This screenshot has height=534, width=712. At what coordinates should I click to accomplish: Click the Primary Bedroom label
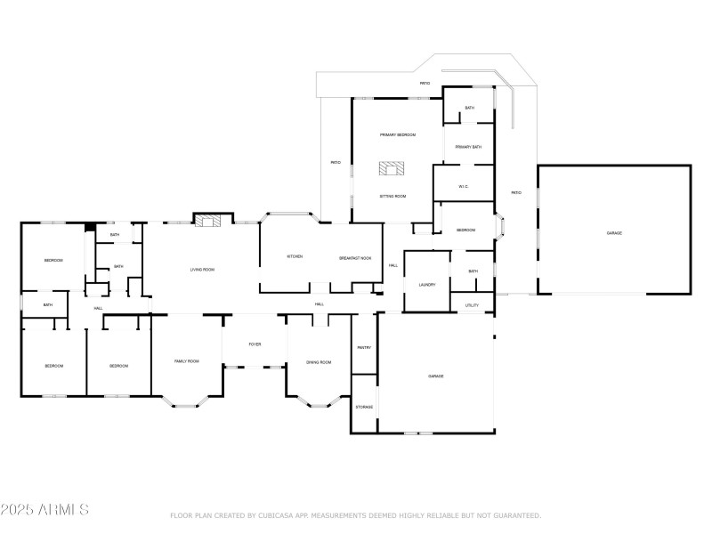pyautogui.click(x=398, y=134)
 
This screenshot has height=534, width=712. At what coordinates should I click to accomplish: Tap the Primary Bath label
pyautogui.click(x=468, y=147)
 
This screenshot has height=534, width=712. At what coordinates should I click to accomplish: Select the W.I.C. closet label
pyautogui.click(x=464, y=186)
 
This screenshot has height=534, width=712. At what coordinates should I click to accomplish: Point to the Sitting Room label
pyautogui.click(x=392, y=196)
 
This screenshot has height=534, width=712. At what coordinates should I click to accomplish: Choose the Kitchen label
pyautogui.click(x=295, y=256)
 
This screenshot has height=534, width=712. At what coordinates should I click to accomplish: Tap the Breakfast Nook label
pyautogui.click(x=355, y=257)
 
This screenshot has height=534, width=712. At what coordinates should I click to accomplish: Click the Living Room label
pyautogui.click(x=202, y=269)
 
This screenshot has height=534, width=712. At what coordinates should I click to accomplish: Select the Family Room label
pyautogui.click(x=186, y=360)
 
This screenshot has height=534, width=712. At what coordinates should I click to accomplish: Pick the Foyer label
pyautogui.click(x=255, y=344)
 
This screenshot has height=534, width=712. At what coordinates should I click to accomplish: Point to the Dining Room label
pyautogui.click(x=319, y=362)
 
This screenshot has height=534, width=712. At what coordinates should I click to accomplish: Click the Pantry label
pyautogui.click(x=364, y=347)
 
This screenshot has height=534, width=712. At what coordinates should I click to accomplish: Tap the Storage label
pyautogui.click(x=364, y=407)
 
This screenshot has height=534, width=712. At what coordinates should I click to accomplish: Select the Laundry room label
pyautogui.click(x=427, y=284)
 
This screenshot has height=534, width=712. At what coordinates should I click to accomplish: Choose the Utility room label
pyautogui.click(x=473, y=305)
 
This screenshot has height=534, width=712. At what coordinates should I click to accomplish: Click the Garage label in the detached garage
pyautogui.click(x=614, y=232)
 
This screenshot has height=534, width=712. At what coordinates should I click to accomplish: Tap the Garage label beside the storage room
pyautogui.click(x=436, y=376)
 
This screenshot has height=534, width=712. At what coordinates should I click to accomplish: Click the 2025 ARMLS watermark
pyautogui.click(x=44, y=510)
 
